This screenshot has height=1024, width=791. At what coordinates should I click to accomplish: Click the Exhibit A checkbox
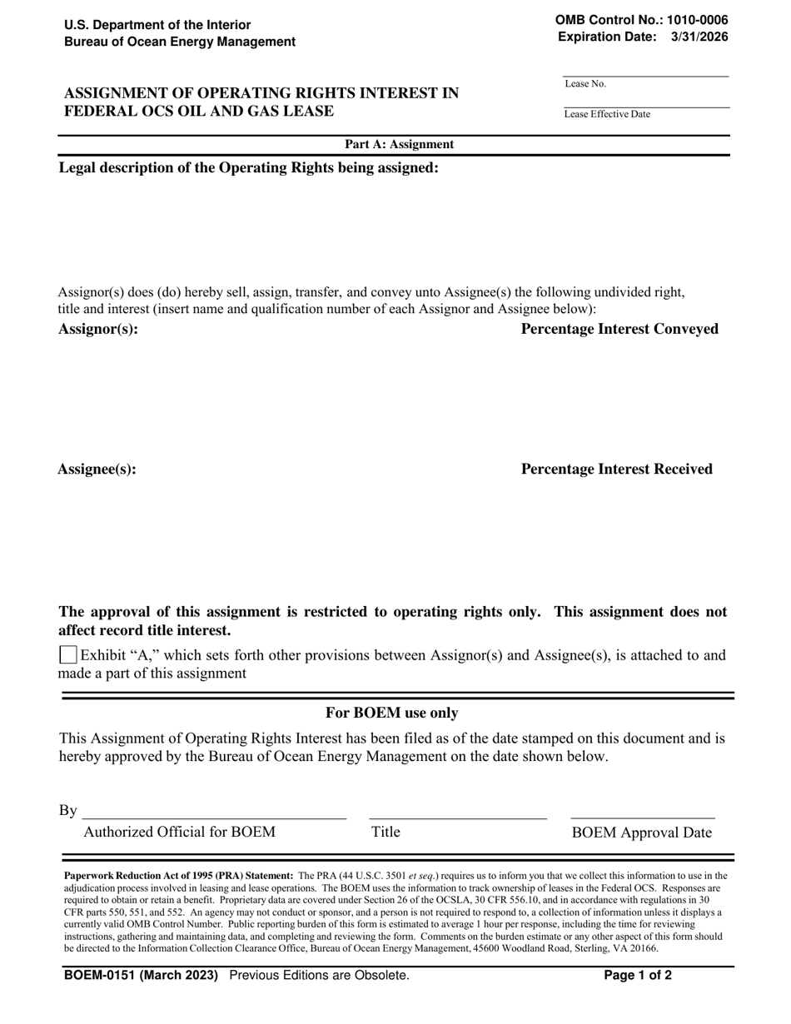[x=69, y=655]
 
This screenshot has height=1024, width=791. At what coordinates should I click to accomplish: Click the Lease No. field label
[x=585, y=84]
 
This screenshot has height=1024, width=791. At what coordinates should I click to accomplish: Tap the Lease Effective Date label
[x=607, y=114]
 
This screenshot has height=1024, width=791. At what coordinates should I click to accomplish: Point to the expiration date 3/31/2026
[x=699, y=36]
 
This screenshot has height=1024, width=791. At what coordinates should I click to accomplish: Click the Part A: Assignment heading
[x=400, y=144]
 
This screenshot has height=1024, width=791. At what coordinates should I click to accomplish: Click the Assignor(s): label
[x=98, y=329]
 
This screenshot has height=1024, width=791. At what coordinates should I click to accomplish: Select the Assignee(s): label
[x=97, y=469]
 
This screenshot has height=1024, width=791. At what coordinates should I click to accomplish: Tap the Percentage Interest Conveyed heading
[x=619, y=329]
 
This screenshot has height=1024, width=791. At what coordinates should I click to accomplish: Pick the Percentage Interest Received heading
[x=616, y=469]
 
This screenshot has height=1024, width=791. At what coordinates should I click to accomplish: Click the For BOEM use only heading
[x=391, y=713]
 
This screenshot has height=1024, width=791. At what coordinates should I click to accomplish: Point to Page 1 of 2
[x=638, y=975]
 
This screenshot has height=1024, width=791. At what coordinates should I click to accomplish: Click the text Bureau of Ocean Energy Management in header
[x=180, y=42]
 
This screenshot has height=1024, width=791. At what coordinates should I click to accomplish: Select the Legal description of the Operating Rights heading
[x=248, y=168]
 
